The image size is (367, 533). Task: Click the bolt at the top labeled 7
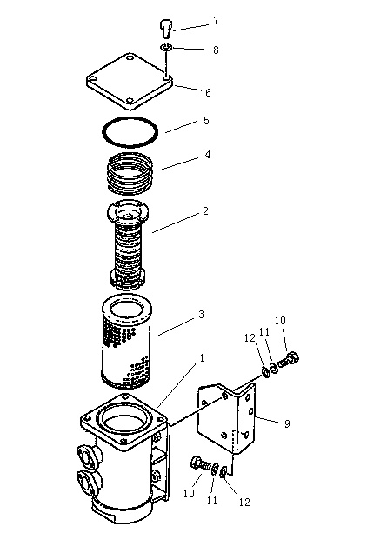[166, 29]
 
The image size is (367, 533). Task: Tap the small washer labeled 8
[166, 47]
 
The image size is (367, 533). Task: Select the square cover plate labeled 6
[130, 81]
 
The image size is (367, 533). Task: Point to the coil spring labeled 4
[130, 173]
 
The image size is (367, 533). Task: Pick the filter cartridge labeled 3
[127, 342]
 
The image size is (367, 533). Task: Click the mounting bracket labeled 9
[227, 418]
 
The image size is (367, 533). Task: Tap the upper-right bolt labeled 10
[289, 361]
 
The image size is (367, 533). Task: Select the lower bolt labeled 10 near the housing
[200, 463]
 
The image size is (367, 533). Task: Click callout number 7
[216, 21]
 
